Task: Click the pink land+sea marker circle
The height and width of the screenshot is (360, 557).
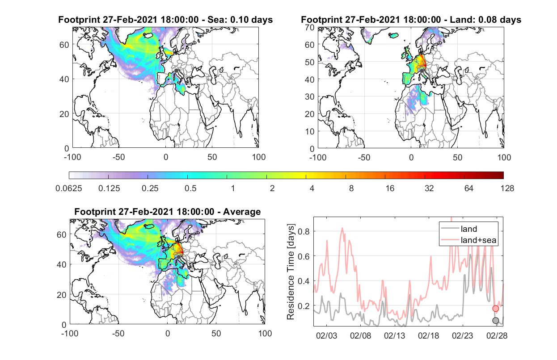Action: [496, 309]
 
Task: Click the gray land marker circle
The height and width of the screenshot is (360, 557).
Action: [496, 321]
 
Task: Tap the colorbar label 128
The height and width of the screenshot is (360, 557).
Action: [507, 188]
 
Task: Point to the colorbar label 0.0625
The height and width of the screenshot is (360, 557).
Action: [69, 188]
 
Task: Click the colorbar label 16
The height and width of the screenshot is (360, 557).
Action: [390, 188]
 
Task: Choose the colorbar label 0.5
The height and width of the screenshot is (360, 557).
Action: [190, 188]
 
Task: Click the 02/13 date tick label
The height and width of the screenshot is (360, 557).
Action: [395, 335]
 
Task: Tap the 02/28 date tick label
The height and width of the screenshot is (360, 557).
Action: [497, 335]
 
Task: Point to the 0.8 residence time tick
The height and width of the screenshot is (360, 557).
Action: [304, 231]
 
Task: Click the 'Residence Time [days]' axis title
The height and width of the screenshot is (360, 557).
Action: [291, 272]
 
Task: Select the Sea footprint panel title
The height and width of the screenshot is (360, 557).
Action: [165, 20]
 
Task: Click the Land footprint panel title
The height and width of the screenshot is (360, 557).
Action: [411, 20]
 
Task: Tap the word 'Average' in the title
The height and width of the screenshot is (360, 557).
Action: [242, 212]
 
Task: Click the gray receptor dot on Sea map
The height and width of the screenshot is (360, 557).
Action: [176, 71]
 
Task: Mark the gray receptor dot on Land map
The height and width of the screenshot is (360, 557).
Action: [422, 71]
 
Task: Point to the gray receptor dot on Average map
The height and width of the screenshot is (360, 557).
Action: [178, 257]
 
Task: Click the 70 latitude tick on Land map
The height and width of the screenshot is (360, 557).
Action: [310, 28]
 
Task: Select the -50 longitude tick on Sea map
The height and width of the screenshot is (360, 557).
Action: [119, 157]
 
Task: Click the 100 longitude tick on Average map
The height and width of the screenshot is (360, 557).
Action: [265, 333]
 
